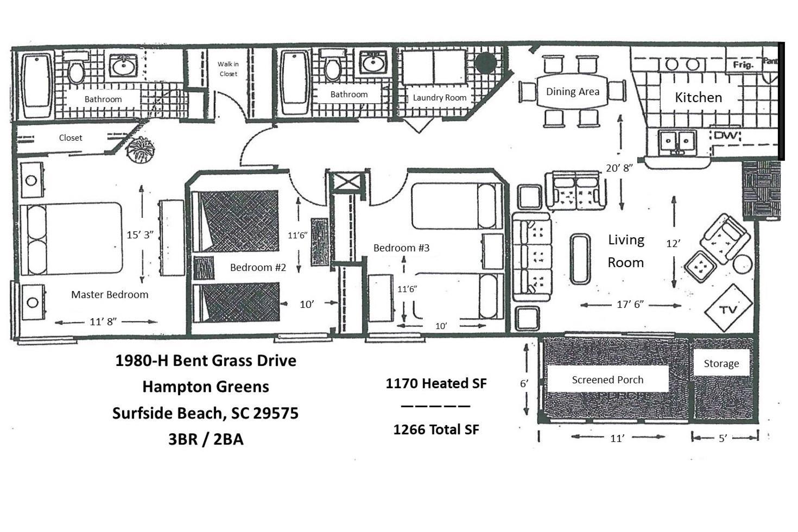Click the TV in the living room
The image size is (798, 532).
pos(729,308)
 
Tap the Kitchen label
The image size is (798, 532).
pos(698,97)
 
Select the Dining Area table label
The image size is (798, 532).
pos(573,92)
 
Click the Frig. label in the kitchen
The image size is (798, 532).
pos(743,65)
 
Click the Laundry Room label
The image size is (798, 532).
pos(439,98)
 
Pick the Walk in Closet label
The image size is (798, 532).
pos(228,69)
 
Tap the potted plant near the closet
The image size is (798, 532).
pos(141,150)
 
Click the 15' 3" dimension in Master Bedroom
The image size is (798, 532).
pos(140,235)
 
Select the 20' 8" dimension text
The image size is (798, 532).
pos(619,168)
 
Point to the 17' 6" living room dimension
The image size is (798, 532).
pos(630,304)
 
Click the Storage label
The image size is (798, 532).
pos(721,364)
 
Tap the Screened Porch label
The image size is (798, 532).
pos(607,380)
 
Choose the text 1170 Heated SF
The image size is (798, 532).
pos(436,383)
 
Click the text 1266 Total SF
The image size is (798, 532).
pos(436,429)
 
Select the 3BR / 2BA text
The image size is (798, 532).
pos(206,439)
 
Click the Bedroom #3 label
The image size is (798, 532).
pos(402,248)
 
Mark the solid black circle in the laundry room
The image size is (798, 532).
pos(485,63)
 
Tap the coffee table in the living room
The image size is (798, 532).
pos(580,259)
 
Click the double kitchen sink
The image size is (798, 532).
pos(677,142)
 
